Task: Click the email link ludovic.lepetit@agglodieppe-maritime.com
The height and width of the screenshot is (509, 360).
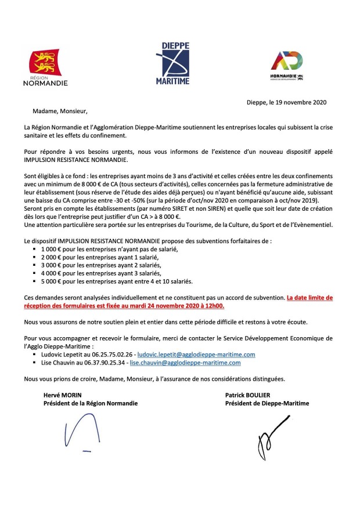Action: pos(196,354)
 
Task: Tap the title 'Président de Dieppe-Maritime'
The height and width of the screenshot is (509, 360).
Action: pos(267,403)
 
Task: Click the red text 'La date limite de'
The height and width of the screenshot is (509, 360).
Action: pos(309,298)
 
